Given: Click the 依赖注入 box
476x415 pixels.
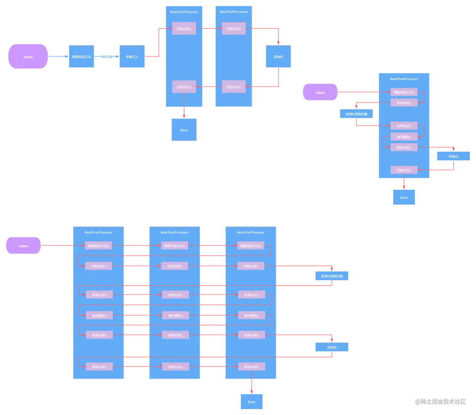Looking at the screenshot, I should [x=132, y=57].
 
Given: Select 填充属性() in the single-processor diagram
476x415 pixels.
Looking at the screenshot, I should [x=404, y=137].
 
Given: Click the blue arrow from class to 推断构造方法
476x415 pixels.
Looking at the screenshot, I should [x=58, y=57].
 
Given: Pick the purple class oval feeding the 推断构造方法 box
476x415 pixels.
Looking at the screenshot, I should [x=28, y=57].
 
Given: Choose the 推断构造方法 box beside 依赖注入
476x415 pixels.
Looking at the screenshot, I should [x=81, y=57].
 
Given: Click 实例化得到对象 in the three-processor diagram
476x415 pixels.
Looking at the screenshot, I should [x=332, y=276].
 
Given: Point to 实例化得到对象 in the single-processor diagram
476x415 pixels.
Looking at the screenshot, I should [x=356, y=114].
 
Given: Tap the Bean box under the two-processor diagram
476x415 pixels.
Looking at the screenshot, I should [x=184, y=130].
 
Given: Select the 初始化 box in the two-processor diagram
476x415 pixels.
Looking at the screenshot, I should [x=279, y=57].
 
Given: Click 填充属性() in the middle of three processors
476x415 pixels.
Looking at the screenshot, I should [x=175, y=316].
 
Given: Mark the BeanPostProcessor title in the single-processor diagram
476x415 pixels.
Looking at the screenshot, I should [x=404, y=79].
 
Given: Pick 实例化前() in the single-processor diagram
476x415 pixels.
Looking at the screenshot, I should [x=404, y=103].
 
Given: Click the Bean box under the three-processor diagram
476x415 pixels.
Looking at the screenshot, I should [x=252, y=402].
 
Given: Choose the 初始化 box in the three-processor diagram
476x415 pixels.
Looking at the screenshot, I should [x=332, y=347].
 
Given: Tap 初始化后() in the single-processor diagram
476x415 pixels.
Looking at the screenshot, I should [x=404, y=170].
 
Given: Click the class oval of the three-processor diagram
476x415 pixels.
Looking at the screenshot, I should [x=23, y=246].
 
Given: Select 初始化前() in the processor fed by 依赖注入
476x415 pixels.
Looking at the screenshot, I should [x=184, y=29].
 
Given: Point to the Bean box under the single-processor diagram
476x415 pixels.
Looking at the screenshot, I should [x=404, y=197].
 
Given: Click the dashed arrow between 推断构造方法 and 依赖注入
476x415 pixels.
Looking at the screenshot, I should [x=106, y=57].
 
